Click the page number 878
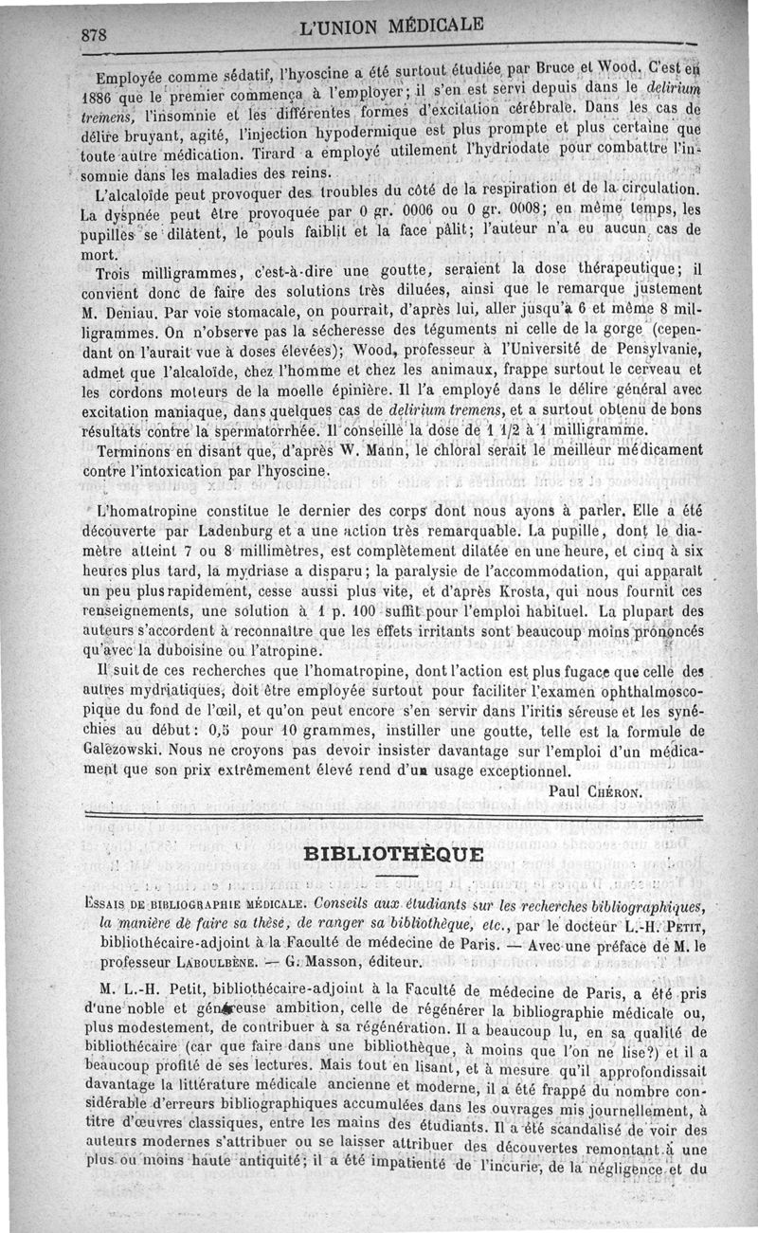pos(96,34)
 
